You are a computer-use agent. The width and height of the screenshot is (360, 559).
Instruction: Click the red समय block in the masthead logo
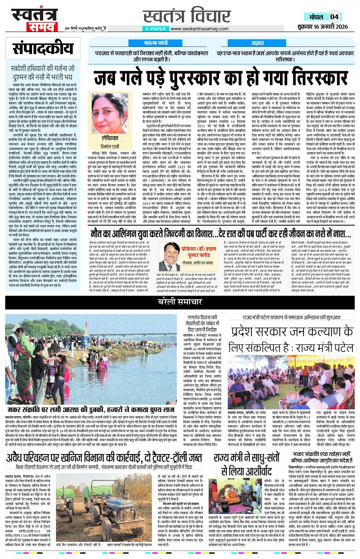tap(41, 27)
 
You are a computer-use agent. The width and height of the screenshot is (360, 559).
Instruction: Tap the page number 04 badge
tap(334, 16)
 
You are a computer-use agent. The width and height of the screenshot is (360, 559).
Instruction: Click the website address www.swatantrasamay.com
tap(199, 29)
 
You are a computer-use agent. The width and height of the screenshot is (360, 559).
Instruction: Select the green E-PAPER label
tap(155, 29)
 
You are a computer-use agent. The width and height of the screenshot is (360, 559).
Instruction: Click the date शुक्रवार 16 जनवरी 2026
tap(322, 27)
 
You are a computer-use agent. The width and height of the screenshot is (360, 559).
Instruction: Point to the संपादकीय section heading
tap(43, 49)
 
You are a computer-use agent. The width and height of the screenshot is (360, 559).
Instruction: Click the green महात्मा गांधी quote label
tap(156, 43)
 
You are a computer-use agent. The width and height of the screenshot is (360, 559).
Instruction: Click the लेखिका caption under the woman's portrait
tap(110, 138)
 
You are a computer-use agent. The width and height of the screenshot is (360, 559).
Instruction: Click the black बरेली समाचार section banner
tap(180, 302)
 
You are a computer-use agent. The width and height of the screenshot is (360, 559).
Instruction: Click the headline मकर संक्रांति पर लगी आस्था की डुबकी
tap(91, 410)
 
